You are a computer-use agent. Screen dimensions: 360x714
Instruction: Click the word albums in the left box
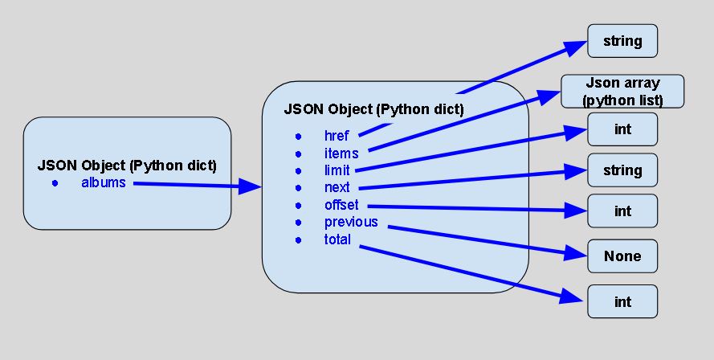point(104,183)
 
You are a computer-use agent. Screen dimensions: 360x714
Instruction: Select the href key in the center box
point(337,136)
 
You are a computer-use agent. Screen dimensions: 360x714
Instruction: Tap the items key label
point(341,153)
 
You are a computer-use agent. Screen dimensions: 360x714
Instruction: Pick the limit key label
point(338,170)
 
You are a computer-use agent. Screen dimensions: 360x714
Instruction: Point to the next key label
point(337,187)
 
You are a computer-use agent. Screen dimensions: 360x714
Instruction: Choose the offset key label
point(341,205)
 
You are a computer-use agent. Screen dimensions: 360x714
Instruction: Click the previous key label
point(351,222)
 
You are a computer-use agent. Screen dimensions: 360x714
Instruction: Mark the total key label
point(337,239)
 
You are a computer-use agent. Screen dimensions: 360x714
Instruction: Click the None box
point(622,256)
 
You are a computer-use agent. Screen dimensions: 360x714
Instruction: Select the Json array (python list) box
point(622,92)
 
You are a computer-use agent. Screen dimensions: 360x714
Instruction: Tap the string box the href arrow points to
point(622,40)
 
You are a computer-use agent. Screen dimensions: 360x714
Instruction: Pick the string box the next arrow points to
point(622,170)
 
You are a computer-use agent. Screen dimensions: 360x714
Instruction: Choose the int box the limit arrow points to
point(622,129)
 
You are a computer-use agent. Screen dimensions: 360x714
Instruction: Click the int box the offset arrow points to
point(622,211)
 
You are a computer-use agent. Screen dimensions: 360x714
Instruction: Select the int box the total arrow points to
point(622,302)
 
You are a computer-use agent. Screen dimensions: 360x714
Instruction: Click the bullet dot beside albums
point(55,184)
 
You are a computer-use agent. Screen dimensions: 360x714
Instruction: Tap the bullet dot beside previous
point(298,223)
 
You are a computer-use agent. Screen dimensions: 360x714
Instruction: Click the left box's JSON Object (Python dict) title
point(127,166)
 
